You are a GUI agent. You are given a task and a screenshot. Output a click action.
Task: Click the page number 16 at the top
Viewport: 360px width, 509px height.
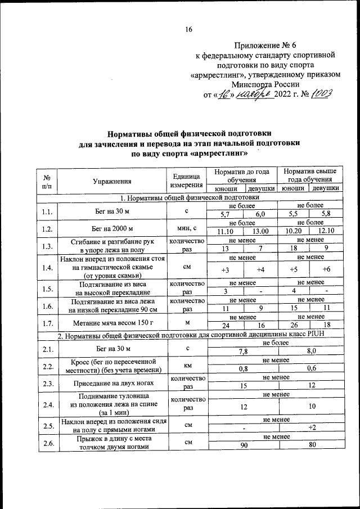coord(189,30)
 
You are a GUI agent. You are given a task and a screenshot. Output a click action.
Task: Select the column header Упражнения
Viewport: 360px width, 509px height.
coord(112,181)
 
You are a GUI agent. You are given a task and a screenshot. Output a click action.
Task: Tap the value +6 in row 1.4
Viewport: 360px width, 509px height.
coord(326,270)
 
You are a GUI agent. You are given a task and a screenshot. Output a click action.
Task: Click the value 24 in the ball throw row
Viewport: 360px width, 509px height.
coord(225,326)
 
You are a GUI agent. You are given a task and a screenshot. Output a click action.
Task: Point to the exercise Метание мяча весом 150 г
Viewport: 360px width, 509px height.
coord(112,323)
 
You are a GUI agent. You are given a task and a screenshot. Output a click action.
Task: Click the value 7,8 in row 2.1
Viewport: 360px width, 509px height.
coord(243,351)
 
